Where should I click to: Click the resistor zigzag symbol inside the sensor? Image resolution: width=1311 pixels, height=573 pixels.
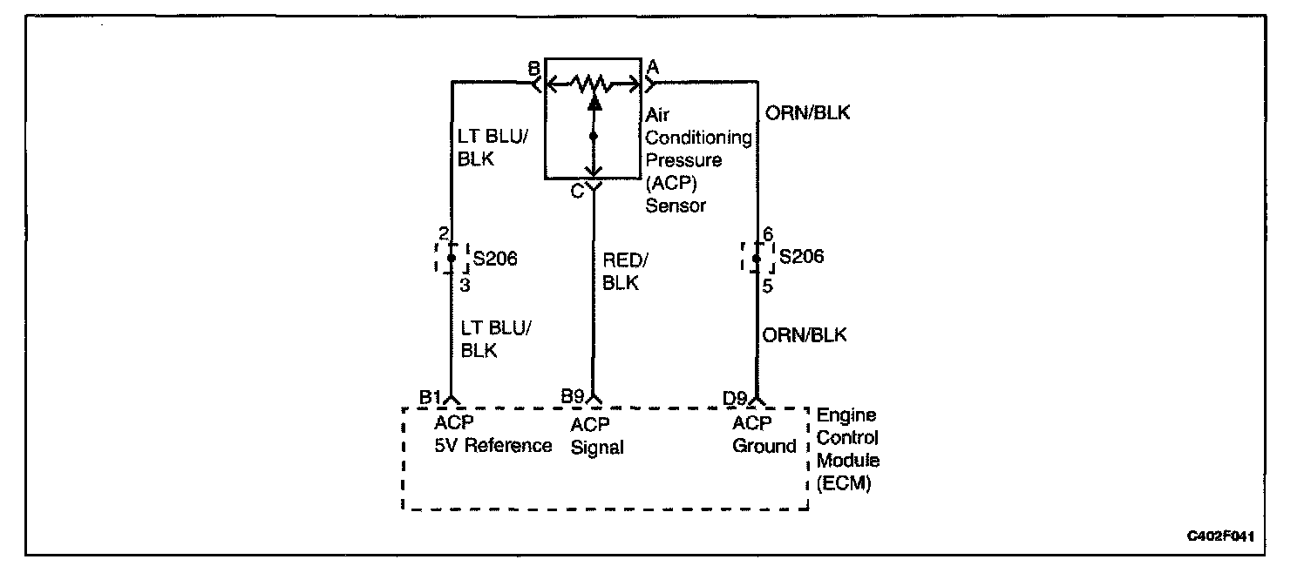point(594,84)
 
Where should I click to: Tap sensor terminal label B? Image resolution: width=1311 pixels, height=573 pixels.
point(533,67)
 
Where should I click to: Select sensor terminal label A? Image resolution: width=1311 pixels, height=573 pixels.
point(652,67)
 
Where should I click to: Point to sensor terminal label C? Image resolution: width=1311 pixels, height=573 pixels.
point(577,192)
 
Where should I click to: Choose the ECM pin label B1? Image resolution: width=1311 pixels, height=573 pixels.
point(431,397)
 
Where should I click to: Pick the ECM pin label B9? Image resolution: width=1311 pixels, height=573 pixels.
point(573,397)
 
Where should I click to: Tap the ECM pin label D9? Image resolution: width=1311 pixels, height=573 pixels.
point(736,397)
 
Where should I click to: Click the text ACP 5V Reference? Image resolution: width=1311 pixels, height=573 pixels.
point(492,435)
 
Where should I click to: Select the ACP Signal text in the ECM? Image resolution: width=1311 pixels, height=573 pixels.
point(597,436)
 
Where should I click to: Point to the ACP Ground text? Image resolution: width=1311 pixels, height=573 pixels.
point(764,435)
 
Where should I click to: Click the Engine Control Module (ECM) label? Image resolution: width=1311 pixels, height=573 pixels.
point(847,449)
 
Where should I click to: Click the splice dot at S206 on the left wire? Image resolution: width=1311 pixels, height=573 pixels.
point(452,258)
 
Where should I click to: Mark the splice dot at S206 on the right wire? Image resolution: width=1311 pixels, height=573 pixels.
point(757,258)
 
